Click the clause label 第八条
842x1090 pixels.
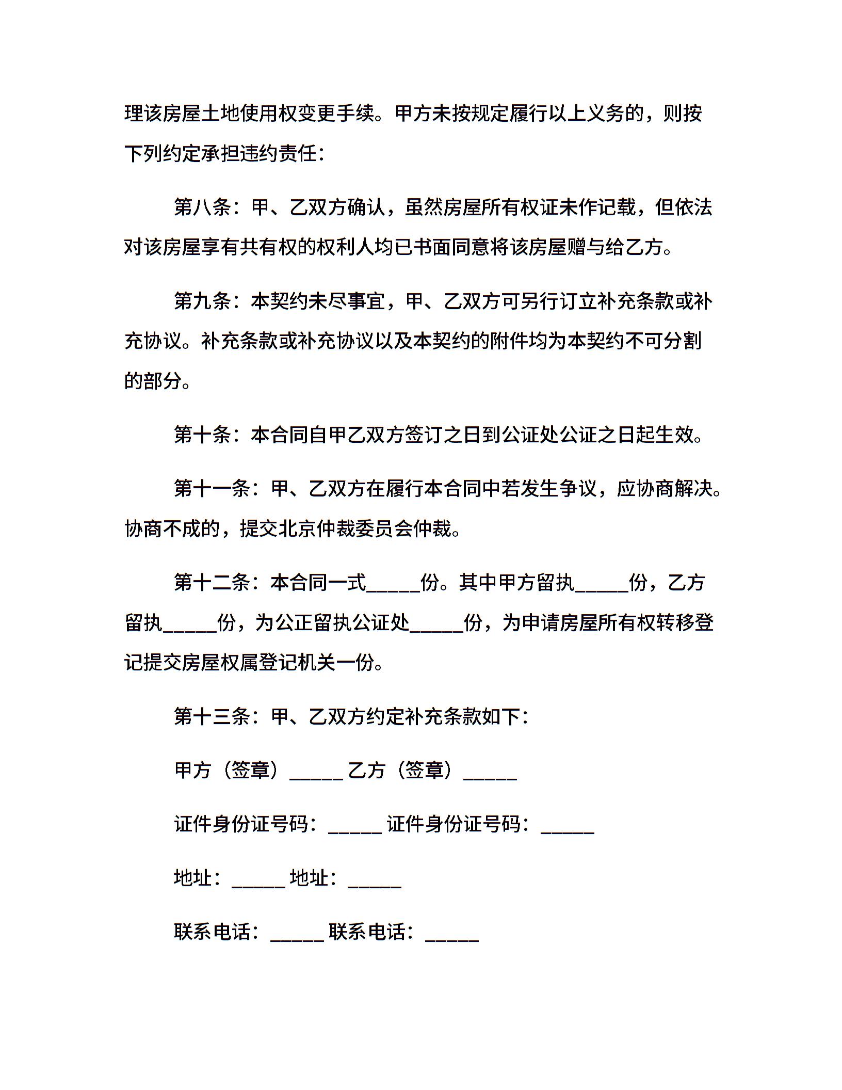(202, 207)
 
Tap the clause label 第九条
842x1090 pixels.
(202, 301)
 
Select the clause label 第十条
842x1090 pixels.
(202, 435)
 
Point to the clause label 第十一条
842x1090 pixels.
(212, 488)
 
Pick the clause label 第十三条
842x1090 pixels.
(212, 716)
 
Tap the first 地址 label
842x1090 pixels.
(193, 877)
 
